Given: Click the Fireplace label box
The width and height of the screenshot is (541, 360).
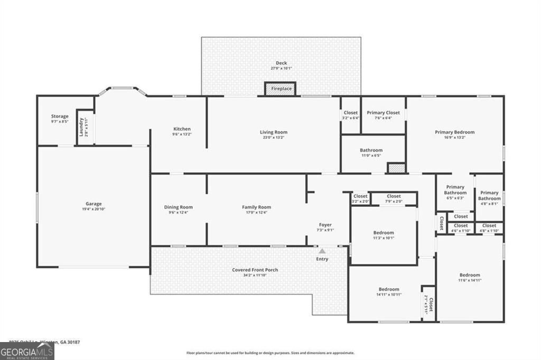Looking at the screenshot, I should coord(281,89).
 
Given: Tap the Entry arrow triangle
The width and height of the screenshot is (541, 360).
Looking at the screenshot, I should coord(322,251).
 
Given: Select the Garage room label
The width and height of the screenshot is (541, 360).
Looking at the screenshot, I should coord(94,204).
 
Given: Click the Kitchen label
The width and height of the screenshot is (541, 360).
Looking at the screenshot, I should coord(182,129).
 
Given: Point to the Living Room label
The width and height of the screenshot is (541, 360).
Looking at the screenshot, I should coord(273,132).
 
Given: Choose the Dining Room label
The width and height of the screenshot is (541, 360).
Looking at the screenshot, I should coord(178,207).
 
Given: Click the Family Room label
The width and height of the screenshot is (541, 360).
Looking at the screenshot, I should coord(256,207).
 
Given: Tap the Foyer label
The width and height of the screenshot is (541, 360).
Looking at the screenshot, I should coord(325,225).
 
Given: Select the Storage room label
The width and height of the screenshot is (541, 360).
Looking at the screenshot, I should coord(60,116).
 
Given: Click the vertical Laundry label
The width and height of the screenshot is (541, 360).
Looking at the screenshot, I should coord(82,127).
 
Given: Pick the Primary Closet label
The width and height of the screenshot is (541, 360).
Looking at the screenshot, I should coord(383,113).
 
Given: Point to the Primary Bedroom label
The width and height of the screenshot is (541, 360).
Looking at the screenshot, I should coord(454,132).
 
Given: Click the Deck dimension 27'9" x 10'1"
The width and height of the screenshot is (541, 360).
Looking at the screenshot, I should coord(281,68).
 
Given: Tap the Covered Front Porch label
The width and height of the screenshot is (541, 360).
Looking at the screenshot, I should coord(255,270).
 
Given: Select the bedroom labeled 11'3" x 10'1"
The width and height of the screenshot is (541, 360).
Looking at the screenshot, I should coord(384,233).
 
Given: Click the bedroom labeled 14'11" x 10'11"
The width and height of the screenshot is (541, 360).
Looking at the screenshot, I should coord(388,289).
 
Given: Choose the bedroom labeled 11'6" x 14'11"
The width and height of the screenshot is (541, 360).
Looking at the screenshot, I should coord(469,275).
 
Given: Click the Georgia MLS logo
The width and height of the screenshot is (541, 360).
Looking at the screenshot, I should coord(27,351).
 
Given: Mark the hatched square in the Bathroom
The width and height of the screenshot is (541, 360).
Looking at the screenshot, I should coord(396,168).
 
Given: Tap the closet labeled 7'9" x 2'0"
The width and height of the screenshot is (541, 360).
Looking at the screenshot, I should coord(394,196).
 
